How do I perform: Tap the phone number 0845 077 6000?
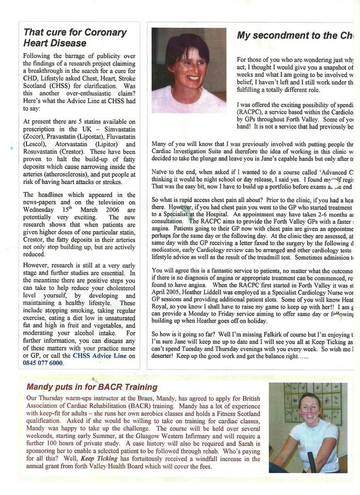coord(43,363)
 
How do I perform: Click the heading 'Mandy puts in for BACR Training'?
coord(92,387)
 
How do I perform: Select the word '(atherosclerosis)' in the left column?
coord(50,174)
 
